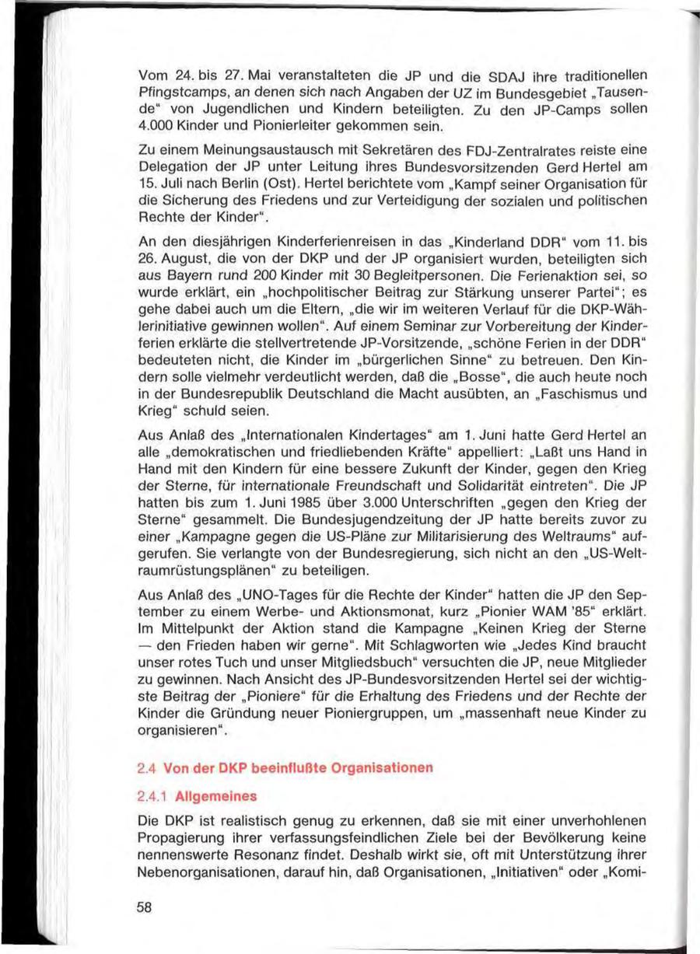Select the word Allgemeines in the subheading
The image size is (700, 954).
[212, 797]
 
